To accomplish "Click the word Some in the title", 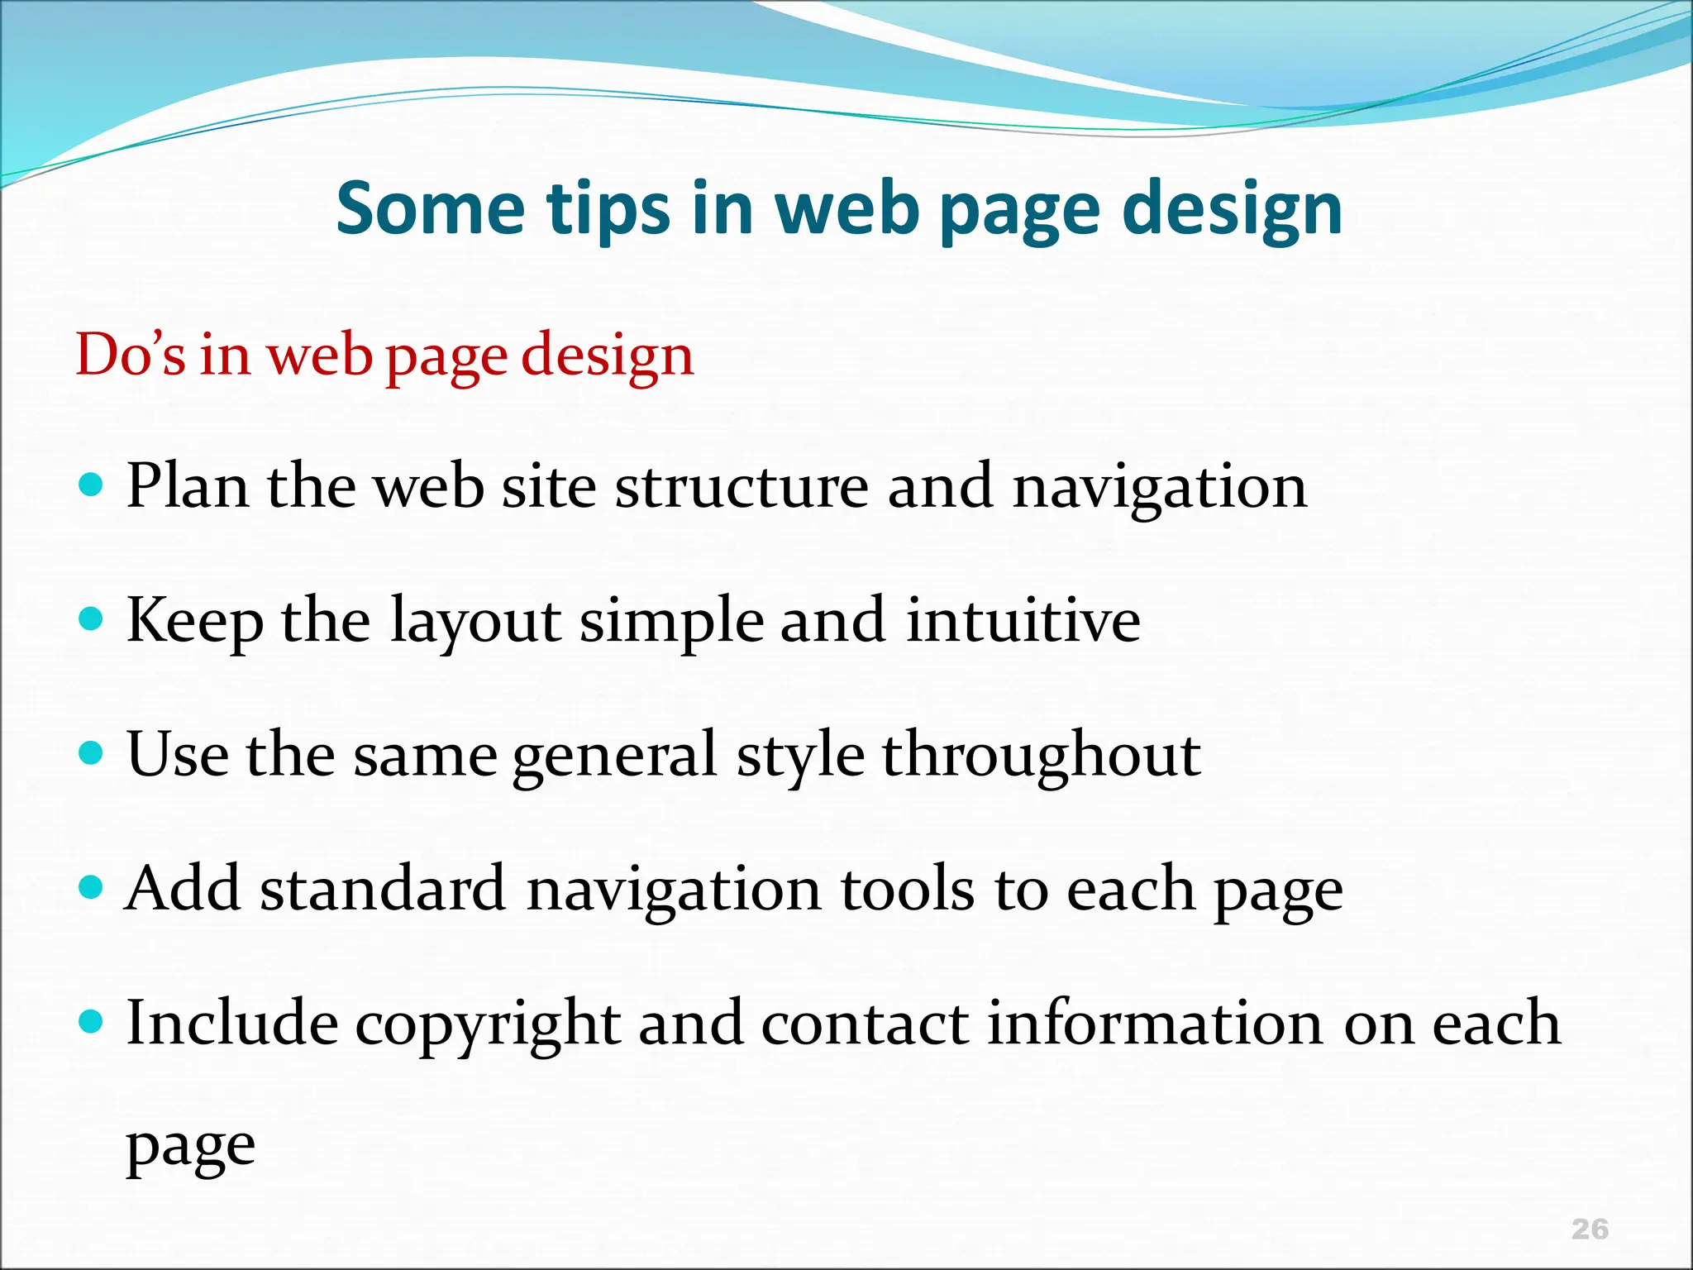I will (x=430, y=208).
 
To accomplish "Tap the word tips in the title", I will (x=608, y=210).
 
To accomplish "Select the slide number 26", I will (x=1590, y=1229).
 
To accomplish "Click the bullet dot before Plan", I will (x=91, y=483).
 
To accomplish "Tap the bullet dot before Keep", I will (x=91, y=618).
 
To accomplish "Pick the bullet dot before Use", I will (x=91, y=752).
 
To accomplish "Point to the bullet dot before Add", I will (x=91, y=887).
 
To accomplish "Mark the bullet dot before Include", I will (x=91, y=1022).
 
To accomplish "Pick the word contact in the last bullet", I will (x=864, y=1024).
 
